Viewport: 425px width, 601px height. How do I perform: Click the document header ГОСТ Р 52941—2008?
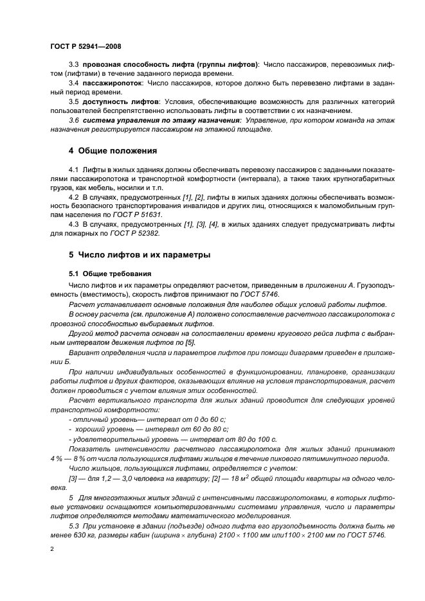(85, 48)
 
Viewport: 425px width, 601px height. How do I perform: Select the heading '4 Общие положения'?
(113, 151)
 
